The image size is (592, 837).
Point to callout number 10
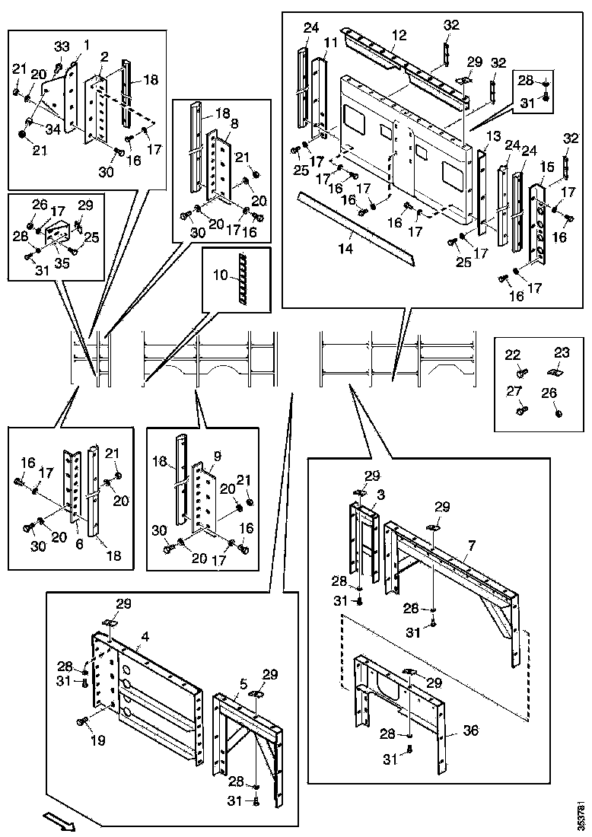[221, 275]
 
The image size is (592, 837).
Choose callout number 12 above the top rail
[399, 35]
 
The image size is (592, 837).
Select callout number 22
[513, 355]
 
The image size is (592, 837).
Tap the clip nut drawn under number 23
[556, 371]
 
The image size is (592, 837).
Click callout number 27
[514, 392]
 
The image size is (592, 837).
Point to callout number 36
[471, 730]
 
